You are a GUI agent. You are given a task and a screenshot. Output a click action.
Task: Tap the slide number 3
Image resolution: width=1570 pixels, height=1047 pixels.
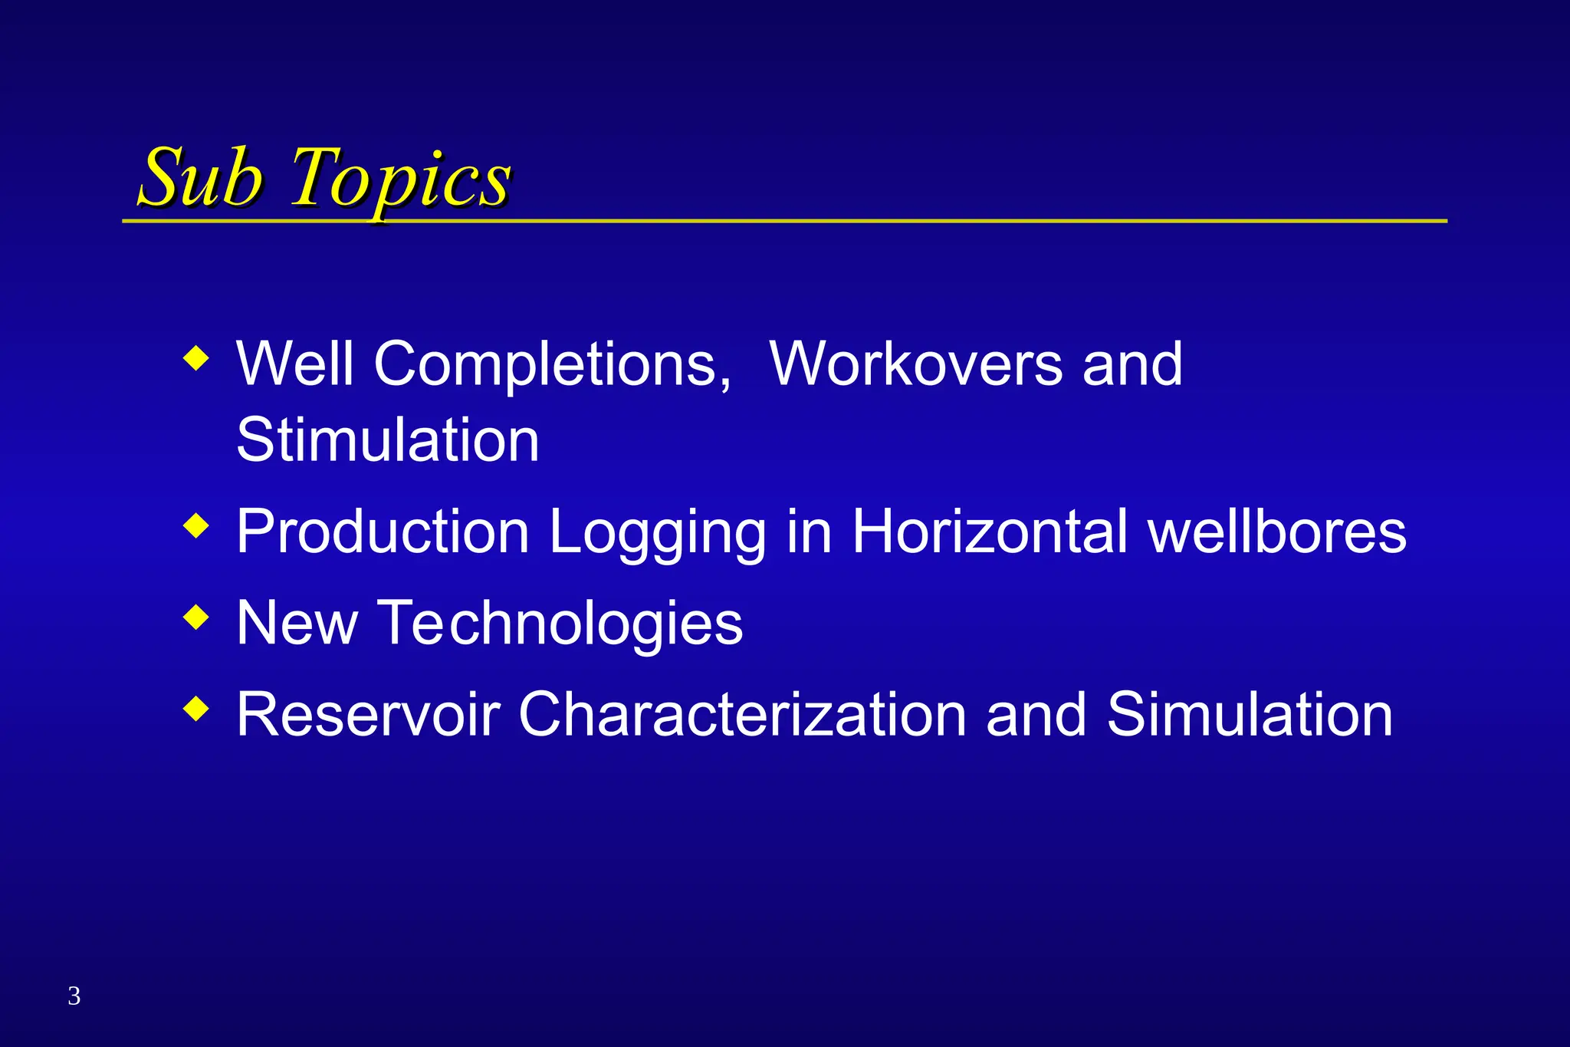pos(74,996)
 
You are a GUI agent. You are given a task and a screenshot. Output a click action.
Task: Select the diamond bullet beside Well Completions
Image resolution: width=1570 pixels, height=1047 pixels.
pos(196,358)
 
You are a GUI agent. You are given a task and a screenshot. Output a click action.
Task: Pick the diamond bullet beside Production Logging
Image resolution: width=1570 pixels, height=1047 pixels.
pos(196,526)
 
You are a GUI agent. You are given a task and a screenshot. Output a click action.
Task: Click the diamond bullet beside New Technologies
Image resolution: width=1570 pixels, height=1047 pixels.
pos(196,617)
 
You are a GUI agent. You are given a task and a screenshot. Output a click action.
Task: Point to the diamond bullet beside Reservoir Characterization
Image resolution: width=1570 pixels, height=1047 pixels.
pos(196,708)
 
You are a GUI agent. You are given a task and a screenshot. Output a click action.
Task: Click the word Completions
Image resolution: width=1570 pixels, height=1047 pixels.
pos(552,364)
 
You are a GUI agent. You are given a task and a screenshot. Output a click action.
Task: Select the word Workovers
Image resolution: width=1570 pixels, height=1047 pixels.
pos(916,364)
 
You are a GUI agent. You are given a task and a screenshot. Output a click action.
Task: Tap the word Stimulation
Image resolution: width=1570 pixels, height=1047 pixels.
pos(388,440)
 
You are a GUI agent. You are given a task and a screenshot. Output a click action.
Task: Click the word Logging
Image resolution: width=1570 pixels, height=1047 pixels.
pos(658,532)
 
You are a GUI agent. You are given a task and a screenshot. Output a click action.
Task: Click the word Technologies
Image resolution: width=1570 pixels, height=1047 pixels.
pos(561,623)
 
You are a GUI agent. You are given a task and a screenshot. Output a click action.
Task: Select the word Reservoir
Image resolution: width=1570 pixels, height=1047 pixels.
pos(368,714)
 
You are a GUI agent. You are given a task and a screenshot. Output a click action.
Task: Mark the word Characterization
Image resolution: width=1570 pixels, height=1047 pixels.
pos(742,714)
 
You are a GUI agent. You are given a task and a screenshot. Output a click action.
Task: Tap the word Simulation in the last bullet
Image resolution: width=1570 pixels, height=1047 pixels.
pos(1250,714)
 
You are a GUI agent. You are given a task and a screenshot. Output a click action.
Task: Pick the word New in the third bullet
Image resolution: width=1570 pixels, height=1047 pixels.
pos(297,623)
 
